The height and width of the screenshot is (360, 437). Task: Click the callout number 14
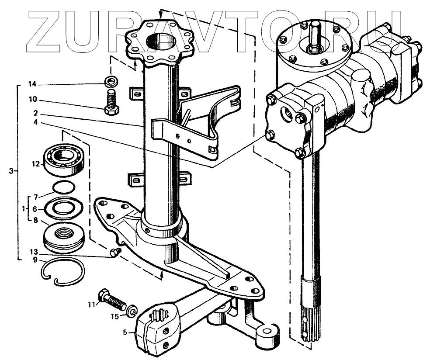click(x=33, y=84)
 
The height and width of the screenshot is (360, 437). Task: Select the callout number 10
click(x=33, y=100)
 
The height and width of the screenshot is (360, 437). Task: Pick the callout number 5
click(x=125, y=332)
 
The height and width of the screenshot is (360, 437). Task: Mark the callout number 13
click(x=33, y=253)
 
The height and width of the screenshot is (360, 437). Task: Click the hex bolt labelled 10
click(x=111, y=102)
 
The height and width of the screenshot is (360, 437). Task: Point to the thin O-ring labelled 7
click(x=62, y=187)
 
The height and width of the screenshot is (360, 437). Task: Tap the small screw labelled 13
click(x=115, y=252)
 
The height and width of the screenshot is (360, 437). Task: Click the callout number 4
click(x=35, y=122)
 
